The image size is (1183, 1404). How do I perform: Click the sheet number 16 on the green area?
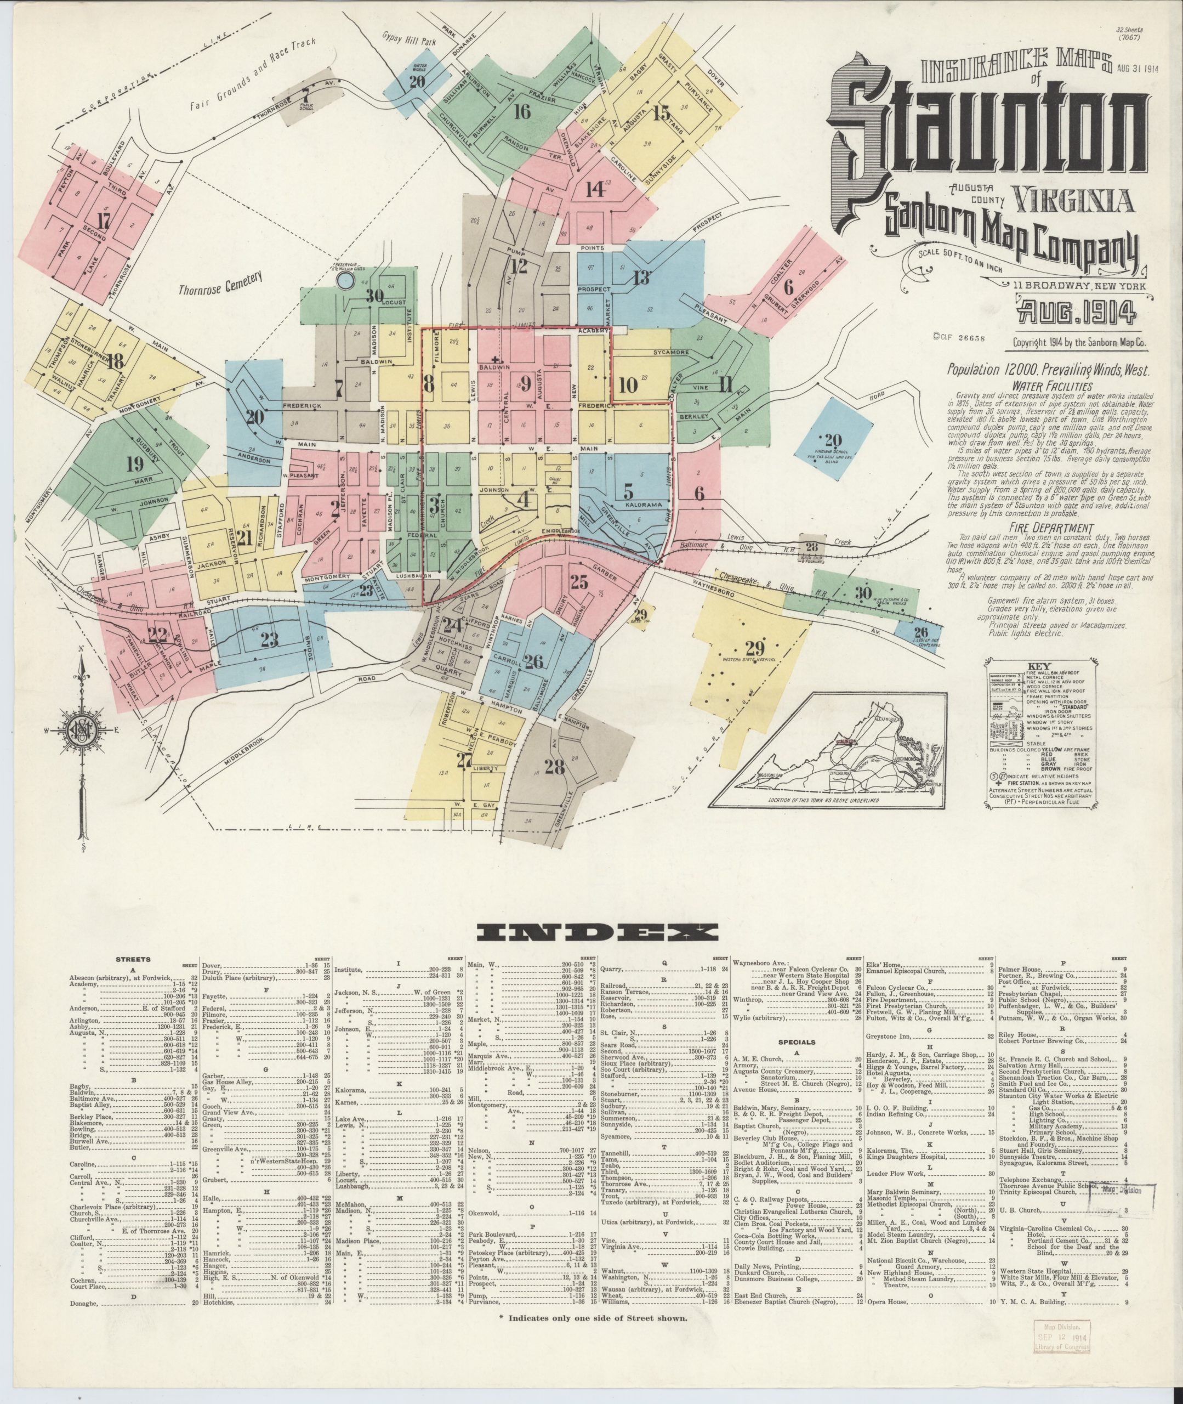click(521, 111)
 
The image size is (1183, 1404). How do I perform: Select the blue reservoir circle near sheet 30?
click(345, 280)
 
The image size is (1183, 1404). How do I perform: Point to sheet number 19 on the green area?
click(134, 463)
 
